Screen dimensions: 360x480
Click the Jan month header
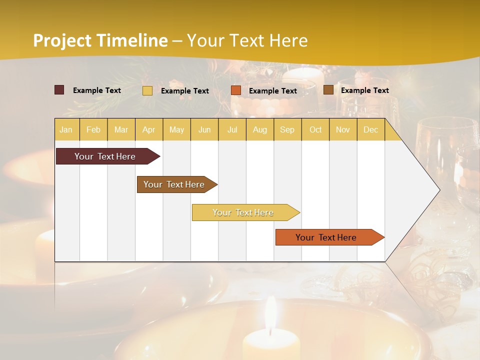coord(66,129)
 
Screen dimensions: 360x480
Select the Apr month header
coord(148,129)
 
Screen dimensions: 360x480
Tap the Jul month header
coord(232,129)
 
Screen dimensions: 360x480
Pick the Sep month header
coord(287,129)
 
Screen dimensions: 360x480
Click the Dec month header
coord(370,129)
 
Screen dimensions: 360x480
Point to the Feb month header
coord(93,129)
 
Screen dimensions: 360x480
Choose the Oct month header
coord(315,129)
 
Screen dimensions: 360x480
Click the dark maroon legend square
coord(59,90)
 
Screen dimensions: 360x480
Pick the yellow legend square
coord(147,90)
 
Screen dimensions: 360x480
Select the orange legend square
coord(236,90)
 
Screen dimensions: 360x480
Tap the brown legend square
coord(328,90)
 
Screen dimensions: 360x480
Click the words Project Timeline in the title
coord(100,40)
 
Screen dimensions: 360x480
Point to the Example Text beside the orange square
coord(272,90)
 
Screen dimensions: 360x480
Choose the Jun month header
coord(204,129)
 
